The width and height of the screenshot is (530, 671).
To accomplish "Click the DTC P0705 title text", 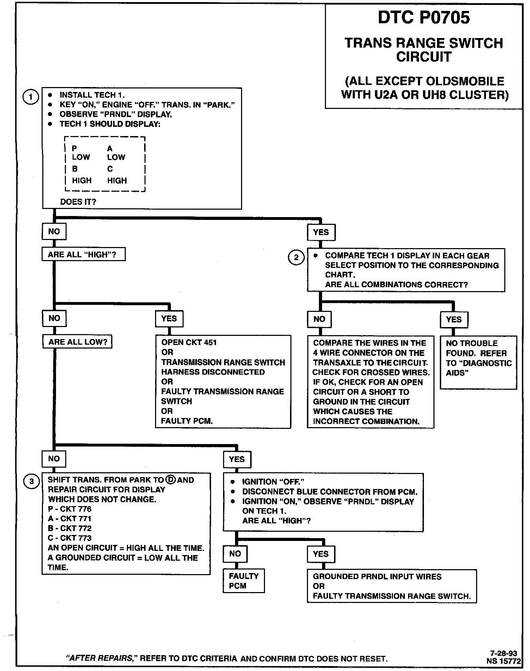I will (x=424, y=18).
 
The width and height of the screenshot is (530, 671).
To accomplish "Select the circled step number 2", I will (x=296, y=257).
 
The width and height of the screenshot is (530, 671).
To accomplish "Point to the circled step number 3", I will (x=31, y=481).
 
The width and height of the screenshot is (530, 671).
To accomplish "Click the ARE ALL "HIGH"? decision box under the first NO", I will (x=84, y=254).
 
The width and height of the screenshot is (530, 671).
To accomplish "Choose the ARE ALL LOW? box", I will (x=78, y=341).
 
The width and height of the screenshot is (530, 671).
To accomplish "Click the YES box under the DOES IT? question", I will (x=321, y=232).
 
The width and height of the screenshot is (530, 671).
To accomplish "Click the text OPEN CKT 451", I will (x=189, y=342).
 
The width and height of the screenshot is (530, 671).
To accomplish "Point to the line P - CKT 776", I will (x=69, y=509).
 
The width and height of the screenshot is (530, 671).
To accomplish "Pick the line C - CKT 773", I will (x=69, y=538).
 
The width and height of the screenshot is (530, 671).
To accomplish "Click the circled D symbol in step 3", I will (x=170, y=480).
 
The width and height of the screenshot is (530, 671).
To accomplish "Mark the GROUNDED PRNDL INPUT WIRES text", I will (x=377, y=577).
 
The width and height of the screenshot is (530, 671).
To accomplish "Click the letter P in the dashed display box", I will (x=74, y=148).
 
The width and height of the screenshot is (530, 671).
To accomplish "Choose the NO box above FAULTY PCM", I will (x=235, y=554).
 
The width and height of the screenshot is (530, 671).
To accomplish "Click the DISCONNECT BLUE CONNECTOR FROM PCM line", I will (x=329, y=492).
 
